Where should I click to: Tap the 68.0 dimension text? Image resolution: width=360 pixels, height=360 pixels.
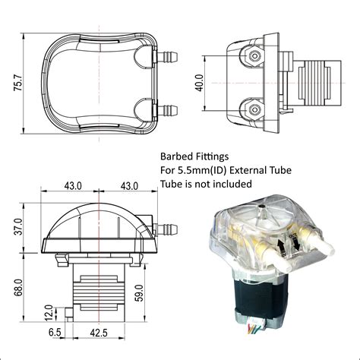[15, 287]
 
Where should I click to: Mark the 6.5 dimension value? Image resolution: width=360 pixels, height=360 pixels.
[55, 333]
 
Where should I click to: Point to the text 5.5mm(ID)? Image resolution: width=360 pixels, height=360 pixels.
[204, 169]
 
